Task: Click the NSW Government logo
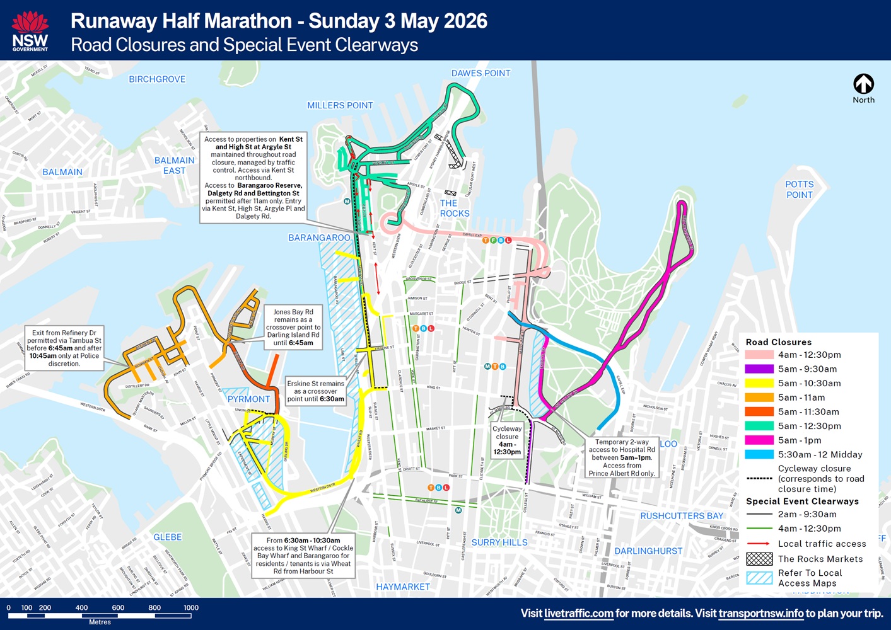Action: pyautogui.click(x=30, y=31)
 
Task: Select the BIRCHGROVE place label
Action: pyautogui.click(x=157, y=79)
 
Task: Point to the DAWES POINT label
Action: pyautogui.click(x=480, y=73)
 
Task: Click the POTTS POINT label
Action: pyautogui.click(x=799, y=190)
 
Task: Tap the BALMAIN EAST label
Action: pyautogui.click(x=174, y=166)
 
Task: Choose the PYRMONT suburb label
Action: pyautogui.click(x=248, y=399)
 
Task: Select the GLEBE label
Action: pyautogui.click(x=168, y=537)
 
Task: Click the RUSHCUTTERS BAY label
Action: pyautogui.click(x=682, y=516)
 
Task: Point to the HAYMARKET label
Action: pyautogui.click(x=403, y=587)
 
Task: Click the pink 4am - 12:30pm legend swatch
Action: pyautogui.click(x=759, y=355)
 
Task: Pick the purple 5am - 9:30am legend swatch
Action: pyautogui.click(x=759, y=369)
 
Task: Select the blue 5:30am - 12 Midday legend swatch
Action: pyautogui.click(x=759, y=454)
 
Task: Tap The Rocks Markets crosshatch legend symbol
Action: pyautogui.click(x=759, y=559)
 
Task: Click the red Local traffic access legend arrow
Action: pyautogui.click(x=759, y=544)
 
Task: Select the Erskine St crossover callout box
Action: pyautogui.click(x=315, y=391)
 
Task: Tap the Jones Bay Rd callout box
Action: pyautogui.click(x=293, y=327)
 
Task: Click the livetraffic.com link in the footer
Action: pyautogui.click(x=578, y=614)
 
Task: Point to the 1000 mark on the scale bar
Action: pyautogui.click(x=190, y=608)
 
